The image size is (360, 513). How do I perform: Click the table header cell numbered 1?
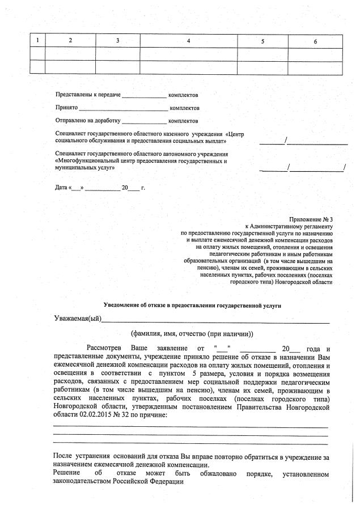coord(37,41)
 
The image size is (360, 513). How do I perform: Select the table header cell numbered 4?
coord(188,41)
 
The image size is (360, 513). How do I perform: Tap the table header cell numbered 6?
coord(316,41)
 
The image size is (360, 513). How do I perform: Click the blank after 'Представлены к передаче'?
coord(145,95)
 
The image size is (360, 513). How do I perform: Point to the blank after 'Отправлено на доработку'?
coord(145,121)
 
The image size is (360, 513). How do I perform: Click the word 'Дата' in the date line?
coord(61,187)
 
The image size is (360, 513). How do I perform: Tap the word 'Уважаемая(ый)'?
coord(77,318)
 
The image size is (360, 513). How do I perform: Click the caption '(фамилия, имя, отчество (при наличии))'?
coord(192,334)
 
